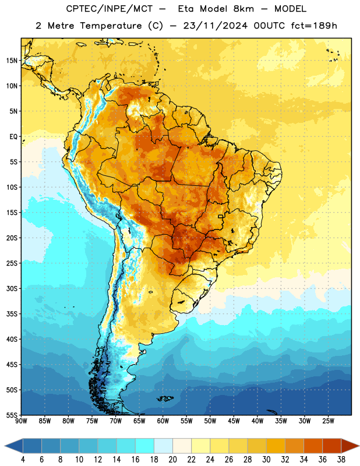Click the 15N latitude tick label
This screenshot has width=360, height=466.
coord(12,61)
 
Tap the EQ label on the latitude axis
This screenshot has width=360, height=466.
coord(13,137)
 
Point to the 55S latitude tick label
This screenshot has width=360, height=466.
coord(12,415)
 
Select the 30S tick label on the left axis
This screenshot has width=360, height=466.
coord(12,288)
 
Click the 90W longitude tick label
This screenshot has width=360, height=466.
coord(21,421)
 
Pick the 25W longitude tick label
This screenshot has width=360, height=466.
coord(328,421)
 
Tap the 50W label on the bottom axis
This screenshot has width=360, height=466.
coord(210,421)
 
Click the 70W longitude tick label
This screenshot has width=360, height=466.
coord(116,421)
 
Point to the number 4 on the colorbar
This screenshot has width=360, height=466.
coord(23,460)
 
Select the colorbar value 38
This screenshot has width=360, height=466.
coord(341,460)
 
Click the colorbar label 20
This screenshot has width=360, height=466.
coord(172,460)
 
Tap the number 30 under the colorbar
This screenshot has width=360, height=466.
coord(266,460)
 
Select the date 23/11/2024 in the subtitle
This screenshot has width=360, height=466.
coord(215,26)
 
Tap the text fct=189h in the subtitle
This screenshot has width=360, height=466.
coord(314,26)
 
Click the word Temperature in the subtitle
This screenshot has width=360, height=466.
coord(111,26)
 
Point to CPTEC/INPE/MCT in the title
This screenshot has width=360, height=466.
coord(110,9)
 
